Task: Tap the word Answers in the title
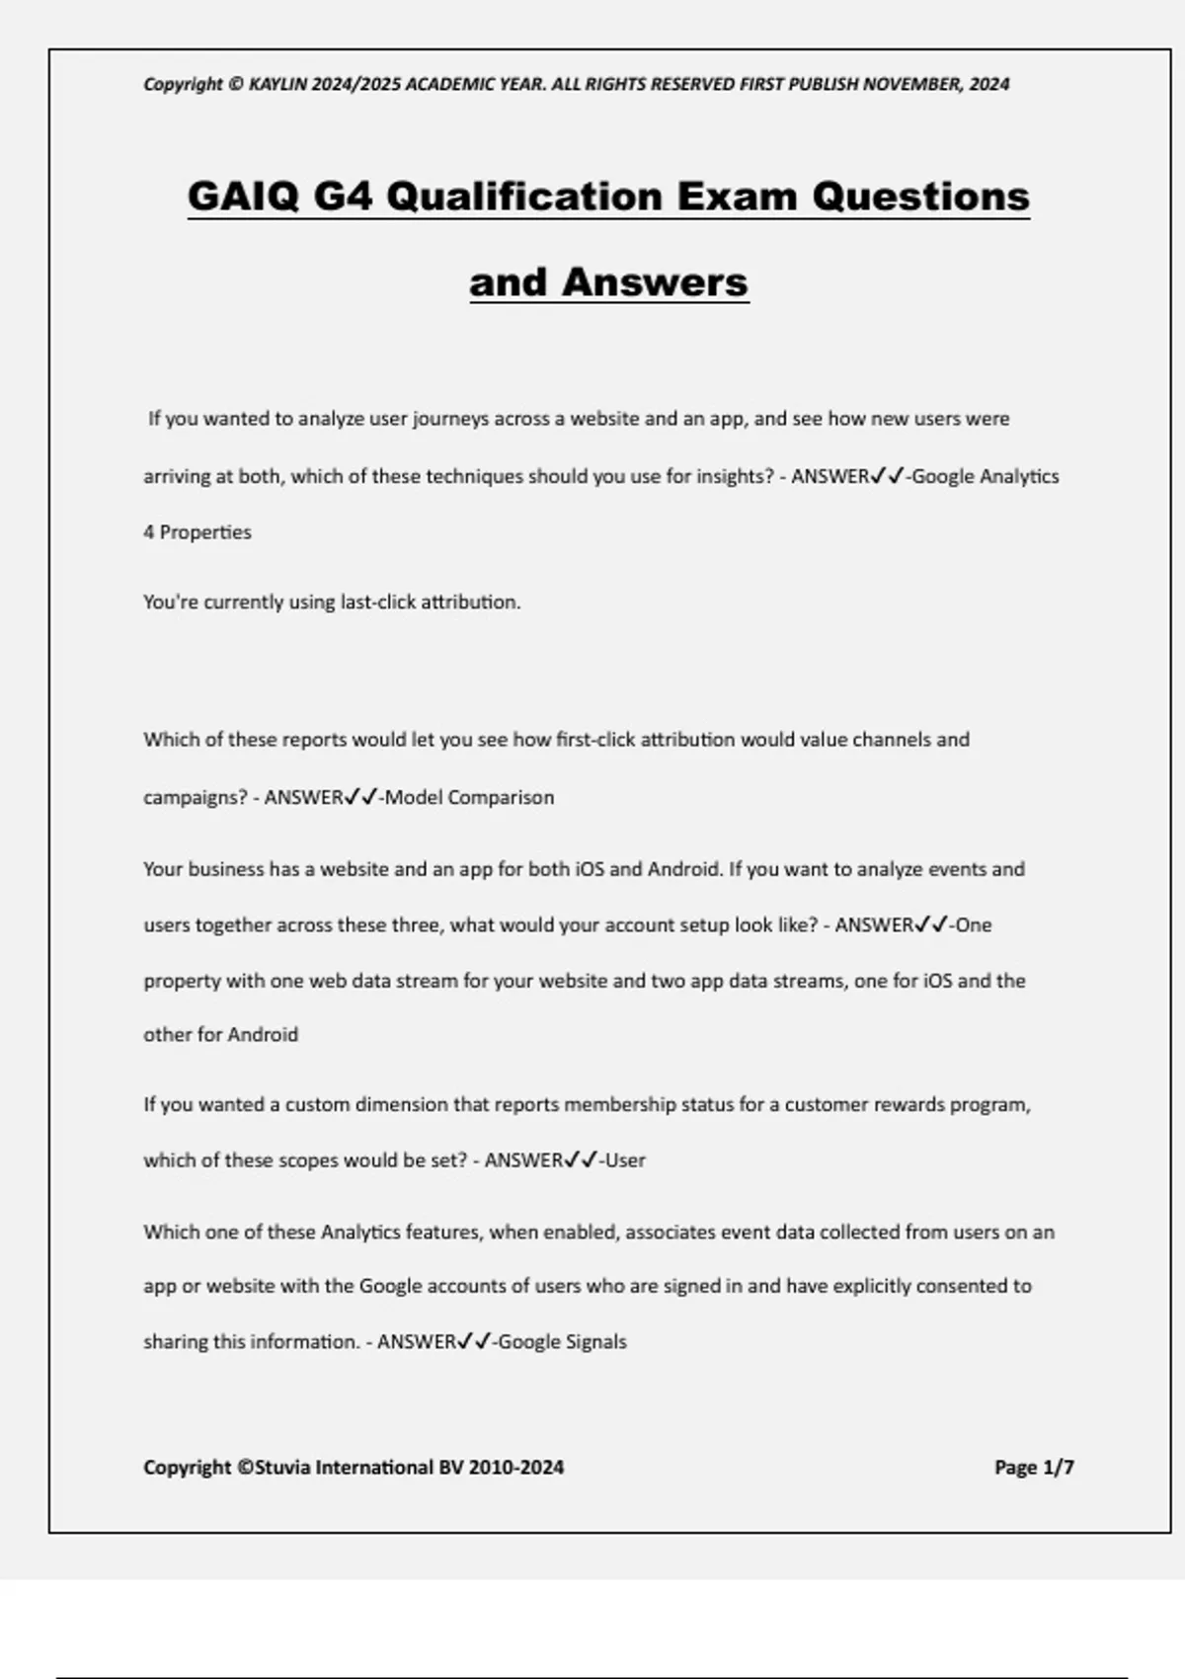point(655,282)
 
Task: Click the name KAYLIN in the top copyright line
point(277,84)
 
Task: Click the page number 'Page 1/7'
point(1034,1468)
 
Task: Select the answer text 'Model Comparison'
point(469,798)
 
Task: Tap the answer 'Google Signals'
point(563,1342)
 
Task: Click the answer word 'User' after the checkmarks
point(625,1160)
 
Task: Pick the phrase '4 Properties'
point(197,532)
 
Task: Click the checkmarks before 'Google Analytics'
point(888,476)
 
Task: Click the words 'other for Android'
point(220,1035)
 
